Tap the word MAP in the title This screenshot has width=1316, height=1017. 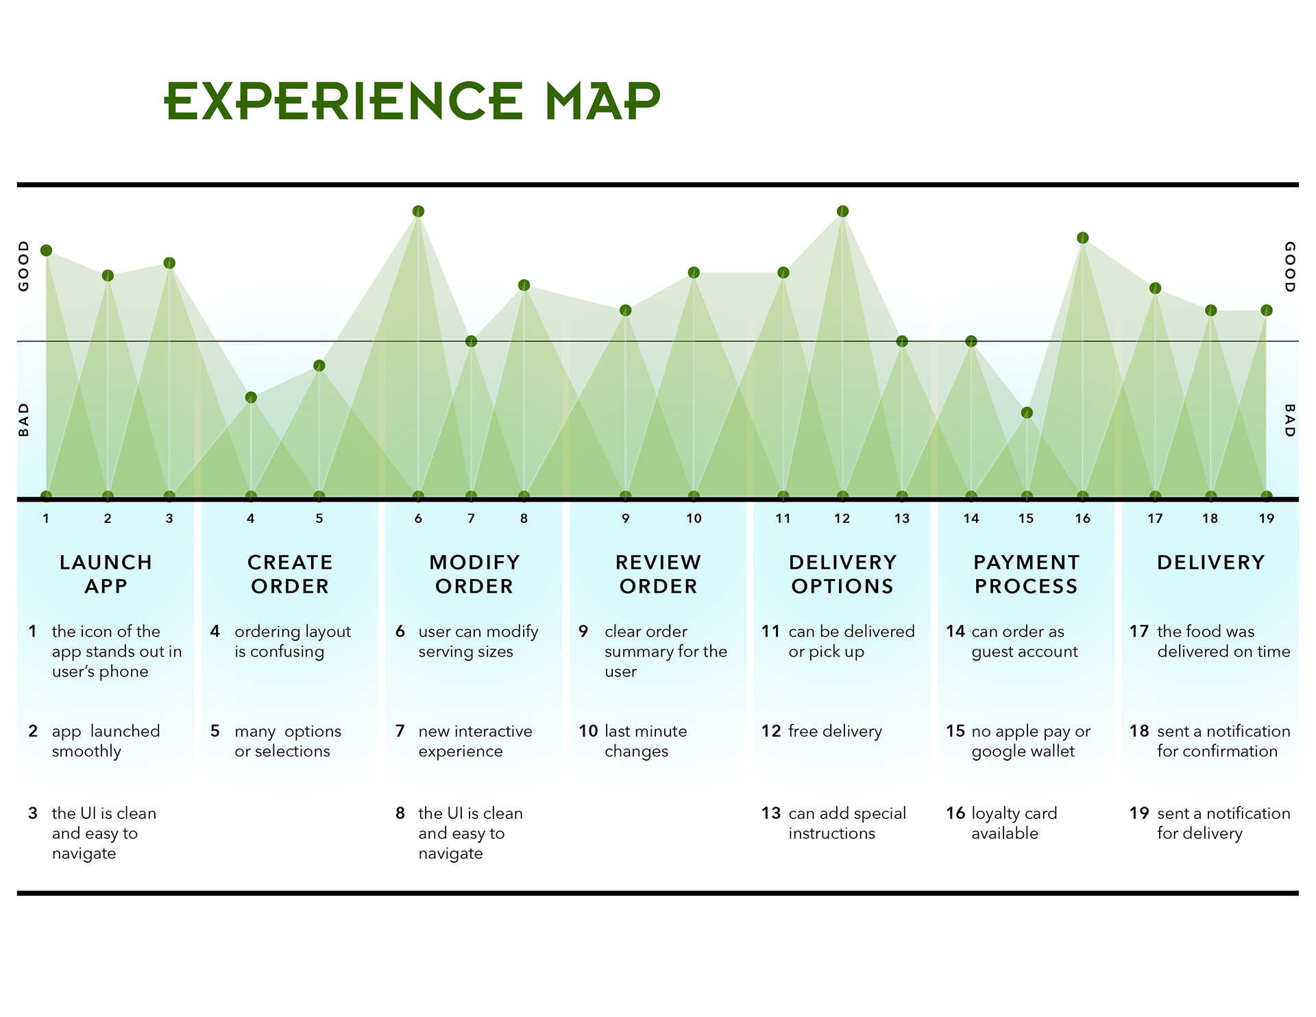pos(603,101)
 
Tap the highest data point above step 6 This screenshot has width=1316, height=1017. pos(418,211)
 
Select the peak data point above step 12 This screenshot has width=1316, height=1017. pos(842,211)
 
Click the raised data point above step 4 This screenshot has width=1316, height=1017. pos(251,397)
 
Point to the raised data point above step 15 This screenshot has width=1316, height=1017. pos(1026,413)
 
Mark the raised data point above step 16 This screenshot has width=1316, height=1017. pos(1082,238)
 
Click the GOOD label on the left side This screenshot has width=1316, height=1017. pos(24,266)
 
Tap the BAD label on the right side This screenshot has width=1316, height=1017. pos(1289,420)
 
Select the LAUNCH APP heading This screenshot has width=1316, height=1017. pos(106,574)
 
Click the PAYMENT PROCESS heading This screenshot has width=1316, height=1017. pos(1026,574)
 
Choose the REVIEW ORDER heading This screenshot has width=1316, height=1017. pos(658,574)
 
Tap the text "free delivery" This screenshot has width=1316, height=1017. pos(835,731)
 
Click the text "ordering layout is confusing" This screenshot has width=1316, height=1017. pos(293,641)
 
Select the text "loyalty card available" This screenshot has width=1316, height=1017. pos(1014,823)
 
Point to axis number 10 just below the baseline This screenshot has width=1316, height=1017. pos(694,519)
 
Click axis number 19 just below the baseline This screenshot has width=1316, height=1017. pos(1266,519)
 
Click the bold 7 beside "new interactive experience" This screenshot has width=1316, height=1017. pos(400,731)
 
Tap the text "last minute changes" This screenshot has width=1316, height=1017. pos(646,741)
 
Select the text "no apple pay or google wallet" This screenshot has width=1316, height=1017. pos(1031,741)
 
